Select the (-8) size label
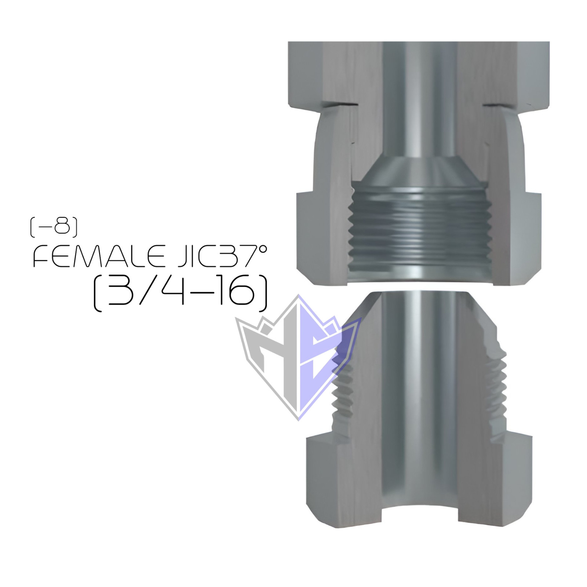[54, 227]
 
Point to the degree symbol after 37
[263, 249]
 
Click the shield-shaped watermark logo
[298, 358]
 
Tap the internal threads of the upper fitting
[418, 235]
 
